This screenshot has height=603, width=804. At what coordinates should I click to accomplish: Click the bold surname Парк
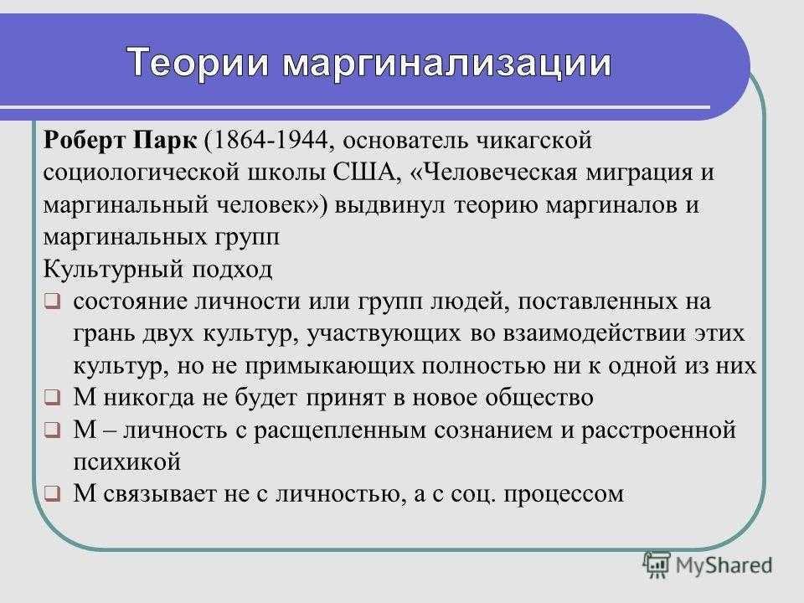point(164,141)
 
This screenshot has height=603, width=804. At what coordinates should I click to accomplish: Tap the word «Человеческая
point(494,173)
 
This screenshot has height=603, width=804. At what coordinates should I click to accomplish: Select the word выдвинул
point(390,205)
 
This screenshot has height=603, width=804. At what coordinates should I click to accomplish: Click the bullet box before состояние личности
point(52,301)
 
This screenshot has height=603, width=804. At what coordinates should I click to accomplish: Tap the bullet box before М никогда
point(52,397)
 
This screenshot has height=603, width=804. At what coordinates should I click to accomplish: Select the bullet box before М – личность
point(52,430)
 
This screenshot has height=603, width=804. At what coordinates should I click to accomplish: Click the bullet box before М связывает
point(52,494)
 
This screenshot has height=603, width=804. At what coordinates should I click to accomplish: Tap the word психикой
point(127,462)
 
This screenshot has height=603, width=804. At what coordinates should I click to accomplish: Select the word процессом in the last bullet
point(564,495)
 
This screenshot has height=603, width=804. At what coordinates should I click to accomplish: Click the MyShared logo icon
point(657,565)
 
